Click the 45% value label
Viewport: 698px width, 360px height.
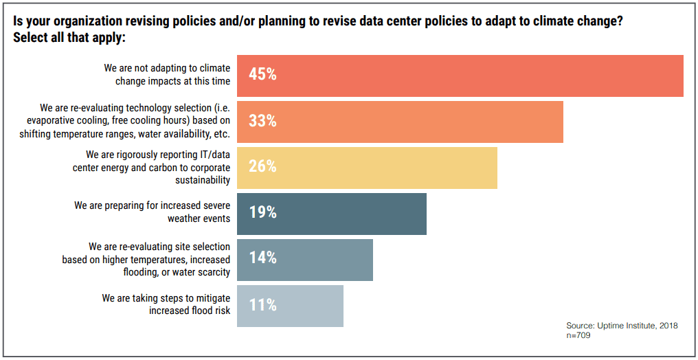pos(262,75)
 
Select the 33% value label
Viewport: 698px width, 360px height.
pos(262,121)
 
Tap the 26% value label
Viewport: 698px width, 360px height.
pos(262,166)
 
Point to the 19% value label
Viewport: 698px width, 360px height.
pos(262,213)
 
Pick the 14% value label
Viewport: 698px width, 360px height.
pos(262,258)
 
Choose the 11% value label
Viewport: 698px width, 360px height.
pos(262,305)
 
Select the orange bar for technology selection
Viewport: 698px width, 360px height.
pos(412,122)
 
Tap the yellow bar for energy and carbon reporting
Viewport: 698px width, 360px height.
pos(378,167)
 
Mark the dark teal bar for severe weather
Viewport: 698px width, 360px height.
pos(344,214)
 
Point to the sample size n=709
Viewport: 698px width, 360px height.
pos(578,336)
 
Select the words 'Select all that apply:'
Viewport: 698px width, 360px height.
pos(69,38)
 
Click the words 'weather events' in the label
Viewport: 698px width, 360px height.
pos(199,219)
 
